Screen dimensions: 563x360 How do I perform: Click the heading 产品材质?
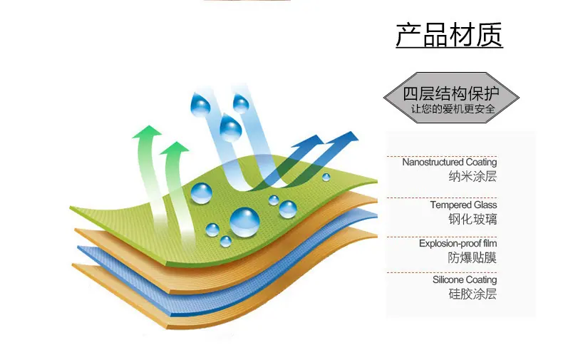click(449, 35)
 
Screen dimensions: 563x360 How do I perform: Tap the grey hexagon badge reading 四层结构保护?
click(451, 98)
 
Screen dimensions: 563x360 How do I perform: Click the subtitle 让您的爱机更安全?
click(453, 108)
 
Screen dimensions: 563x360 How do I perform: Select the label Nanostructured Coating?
click(450, 162)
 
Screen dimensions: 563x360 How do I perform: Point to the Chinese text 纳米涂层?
click(472, 176)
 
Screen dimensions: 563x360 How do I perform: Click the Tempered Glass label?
click(463, 205)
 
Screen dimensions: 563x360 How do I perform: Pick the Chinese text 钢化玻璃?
click(472, 219)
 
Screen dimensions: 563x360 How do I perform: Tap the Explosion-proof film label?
click(458, 243)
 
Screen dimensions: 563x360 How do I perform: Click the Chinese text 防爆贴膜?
click(472, 257)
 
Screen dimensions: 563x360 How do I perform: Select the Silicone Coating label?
click(465, 279)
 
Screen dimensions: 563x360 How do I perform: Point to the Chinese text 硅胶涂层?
click(472, 294)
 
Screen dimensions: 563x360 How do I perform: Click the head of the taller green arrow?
click(148, 131)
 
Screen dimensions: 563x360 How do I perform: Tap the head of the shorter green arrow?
click(175, 148)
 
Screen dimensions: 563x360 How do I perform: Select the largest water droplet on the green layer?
click(244, 222)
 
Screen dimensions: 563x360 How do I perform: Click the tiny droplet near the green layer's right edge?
click(326, 177)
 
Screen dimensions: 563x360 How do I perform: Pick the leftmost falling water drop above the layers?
click(200, 104)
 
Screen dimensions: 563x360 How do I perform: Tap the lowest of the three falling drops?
click(230, 127)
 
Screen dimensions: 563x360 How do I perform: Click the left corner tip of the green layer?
click(71, 207)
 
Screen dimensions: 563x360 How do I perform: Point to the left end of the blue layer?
click(78, 248)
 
